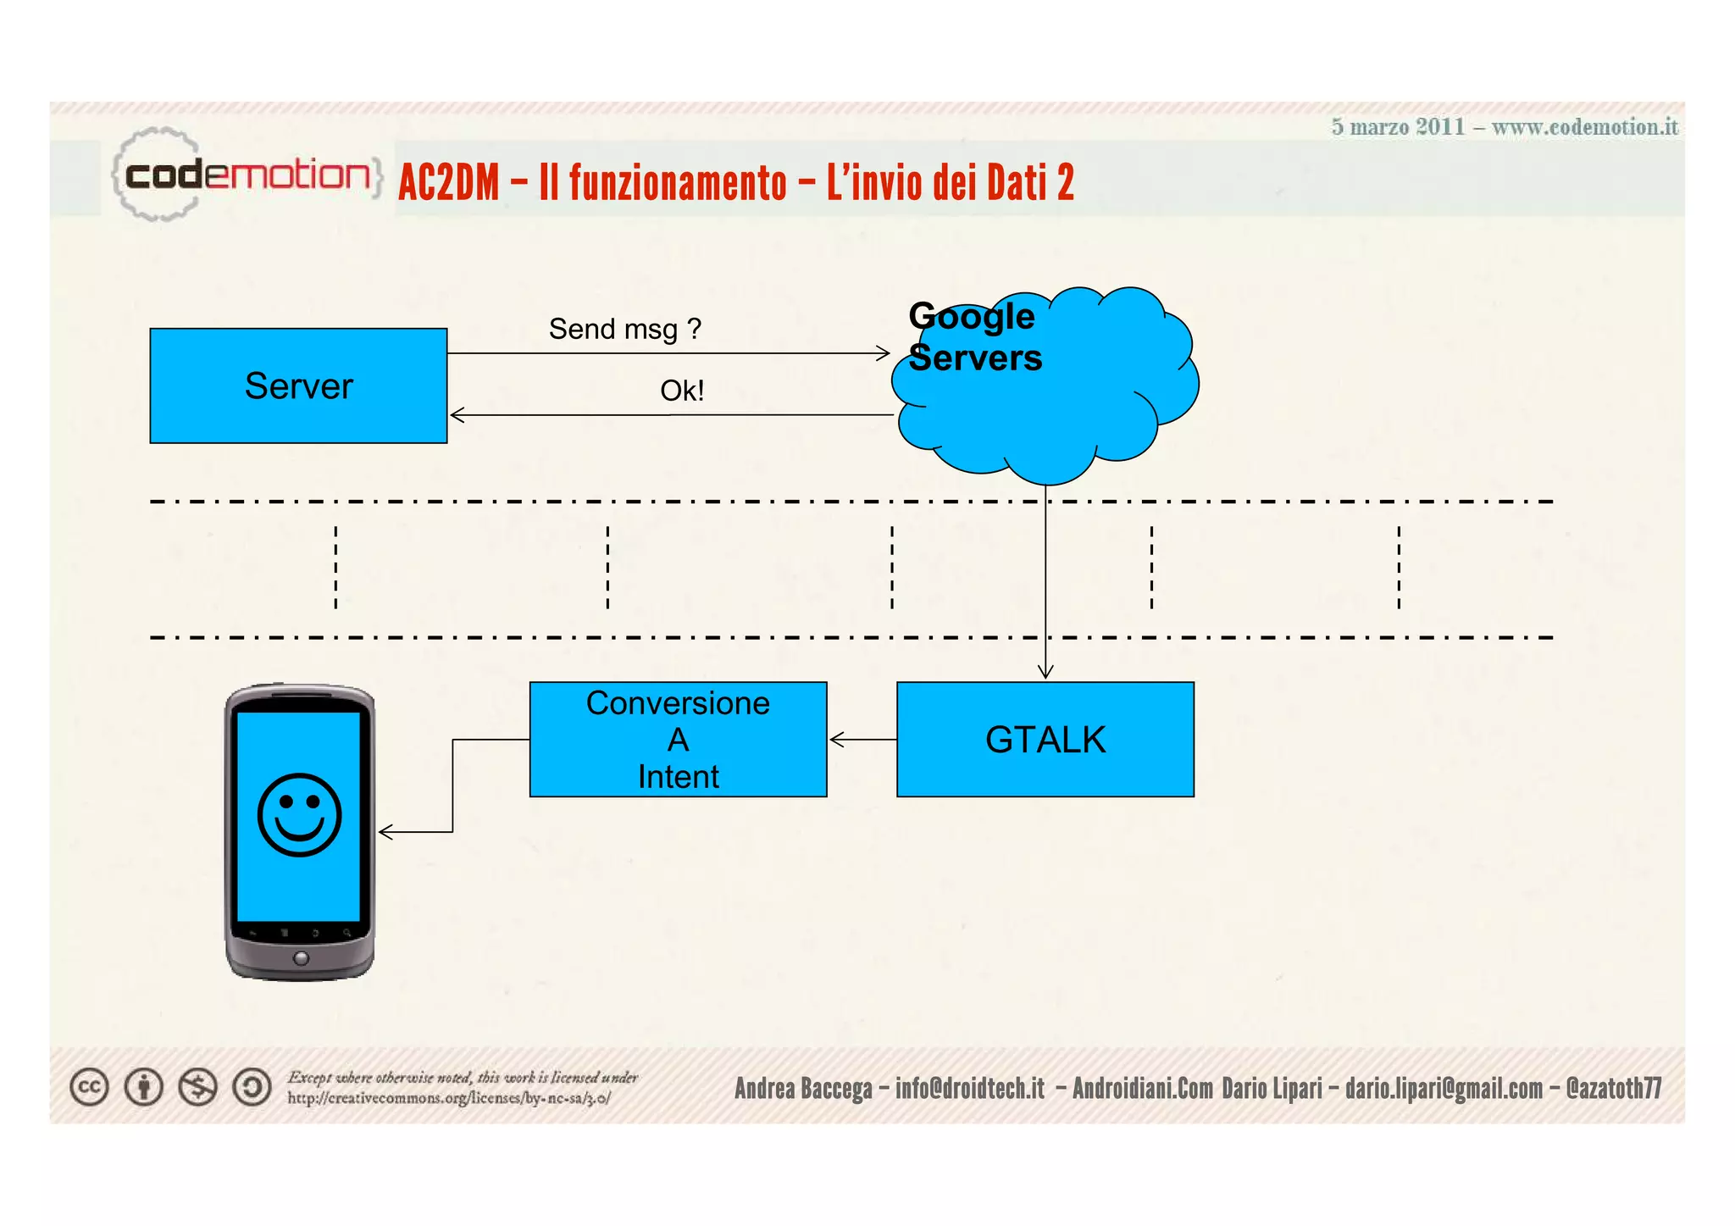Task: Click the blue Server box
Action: [x=298, y=386]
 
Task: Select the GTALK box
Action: [x=1045, y=740]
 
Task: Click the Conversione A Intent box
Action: [x=678, y=740]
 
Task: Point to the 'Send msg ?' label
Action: [x=624, y=329]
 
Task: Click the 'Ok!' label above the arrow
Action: [x=682, y=391]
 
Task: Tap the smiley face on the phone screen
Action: [x=299, y=814]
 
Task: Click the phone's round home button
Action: [x=301, y=958]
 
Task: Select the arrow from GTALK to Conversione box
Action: [x=862, y=740]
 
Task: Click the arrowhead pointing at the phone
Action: [x=385, y=832]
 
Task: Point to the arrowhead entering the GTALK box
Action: [x=1045, y=671]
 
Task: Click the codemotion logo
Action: [x=246, y=175]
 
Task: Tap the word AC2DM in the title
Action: [x=449, y=183]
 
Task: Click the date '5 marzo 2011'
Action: [x=1398, y=127]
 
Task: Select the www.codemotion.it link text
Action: [x=1584, y=127]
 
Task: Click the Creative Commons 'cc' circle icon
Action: [x=89, y=1087]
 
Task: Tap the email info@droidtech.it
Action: [x=969, y=1088]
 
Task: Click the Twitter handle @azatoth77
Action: [x=1613, y=1088]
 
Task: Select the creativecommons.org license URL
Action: [x=448, y=1098]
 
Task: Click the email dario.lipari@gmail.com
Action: [x=1444, y=1088]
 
